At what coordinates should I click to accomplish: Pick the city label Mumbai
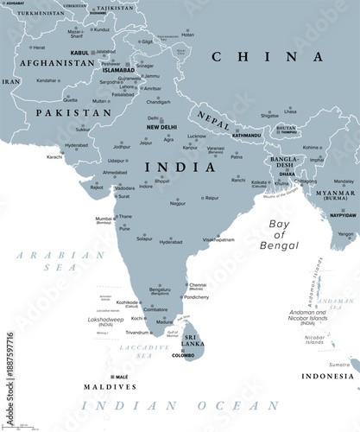pyautogui.click(x=104, y=219)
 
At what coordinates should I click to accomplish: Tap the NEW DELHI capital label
pyautogui.click(x=162, y=127)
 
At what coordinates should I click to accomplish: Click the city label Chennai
pyautogui.click(x=198, y=284)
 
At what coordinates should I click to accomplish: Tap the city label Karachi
pyautogui.click(x=54, y=157)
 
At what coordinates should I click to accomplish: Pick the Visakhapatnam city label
pyautogui.click(x=218, y=240)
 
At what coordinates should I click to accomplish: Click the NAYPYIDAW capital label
pyautogui.click(x=343, y=213)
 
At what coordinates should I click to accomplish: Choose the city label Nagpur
pyautogui.click(x=177, y=202)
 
